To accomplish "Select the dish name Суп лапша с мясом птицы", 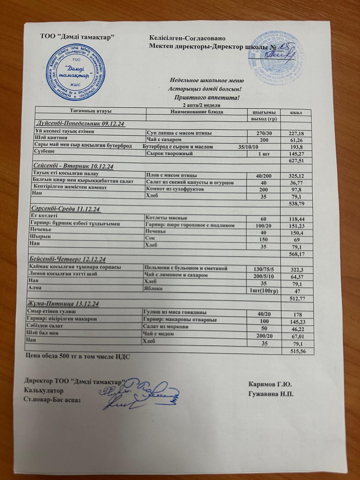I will [x=179, y=133].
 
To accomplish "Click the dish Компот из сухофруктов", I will [x=175, y=189].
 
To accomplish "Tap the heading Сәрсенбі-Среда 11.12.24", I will [x=65, y=209].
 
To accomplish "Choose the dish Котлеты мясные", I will [x=166, y=218].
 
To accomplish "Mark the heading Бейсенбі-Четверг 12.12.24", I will [x=68, y=259].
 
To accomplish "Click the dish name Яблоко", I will [x=153, y=289].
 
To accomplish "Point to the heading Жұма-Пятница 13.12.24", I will [x=63, y=304].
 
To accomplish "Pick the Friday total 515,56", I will [x=298, y=351].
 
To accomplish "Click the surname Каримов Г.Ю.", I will [x=270, y=384].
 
